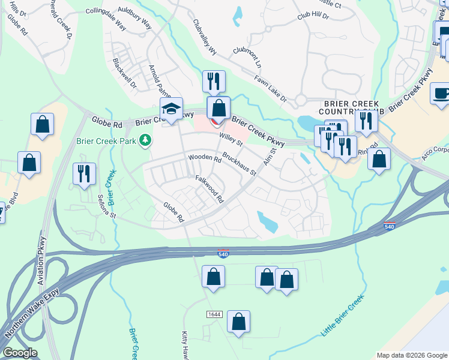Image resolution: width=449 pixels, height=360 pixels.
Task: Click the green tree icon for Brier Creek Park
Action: pyautogui.click(x=144, y=140)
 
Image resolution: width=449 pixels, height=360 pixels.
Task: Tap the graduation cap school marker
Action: pyautogui.click(x=171, y=109)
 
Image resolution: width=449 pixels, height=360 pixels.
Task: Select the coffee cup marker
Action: pyautogui.click(x=441, y=94)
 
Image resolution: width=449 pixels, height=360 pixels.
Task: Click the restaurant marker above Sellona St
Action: pyautogui.click(x=83, y=173)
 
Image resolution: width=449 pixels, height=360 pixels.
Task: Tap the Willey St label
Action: pyautogui.click(x=231, y=142)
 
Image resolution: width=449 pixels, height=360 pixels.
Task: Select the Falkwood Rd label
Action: pyautogui.click(x=209, y=188)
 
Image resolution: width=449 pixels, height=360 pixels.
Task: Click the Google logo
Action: pyautogui.click(x=20, y=353)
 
